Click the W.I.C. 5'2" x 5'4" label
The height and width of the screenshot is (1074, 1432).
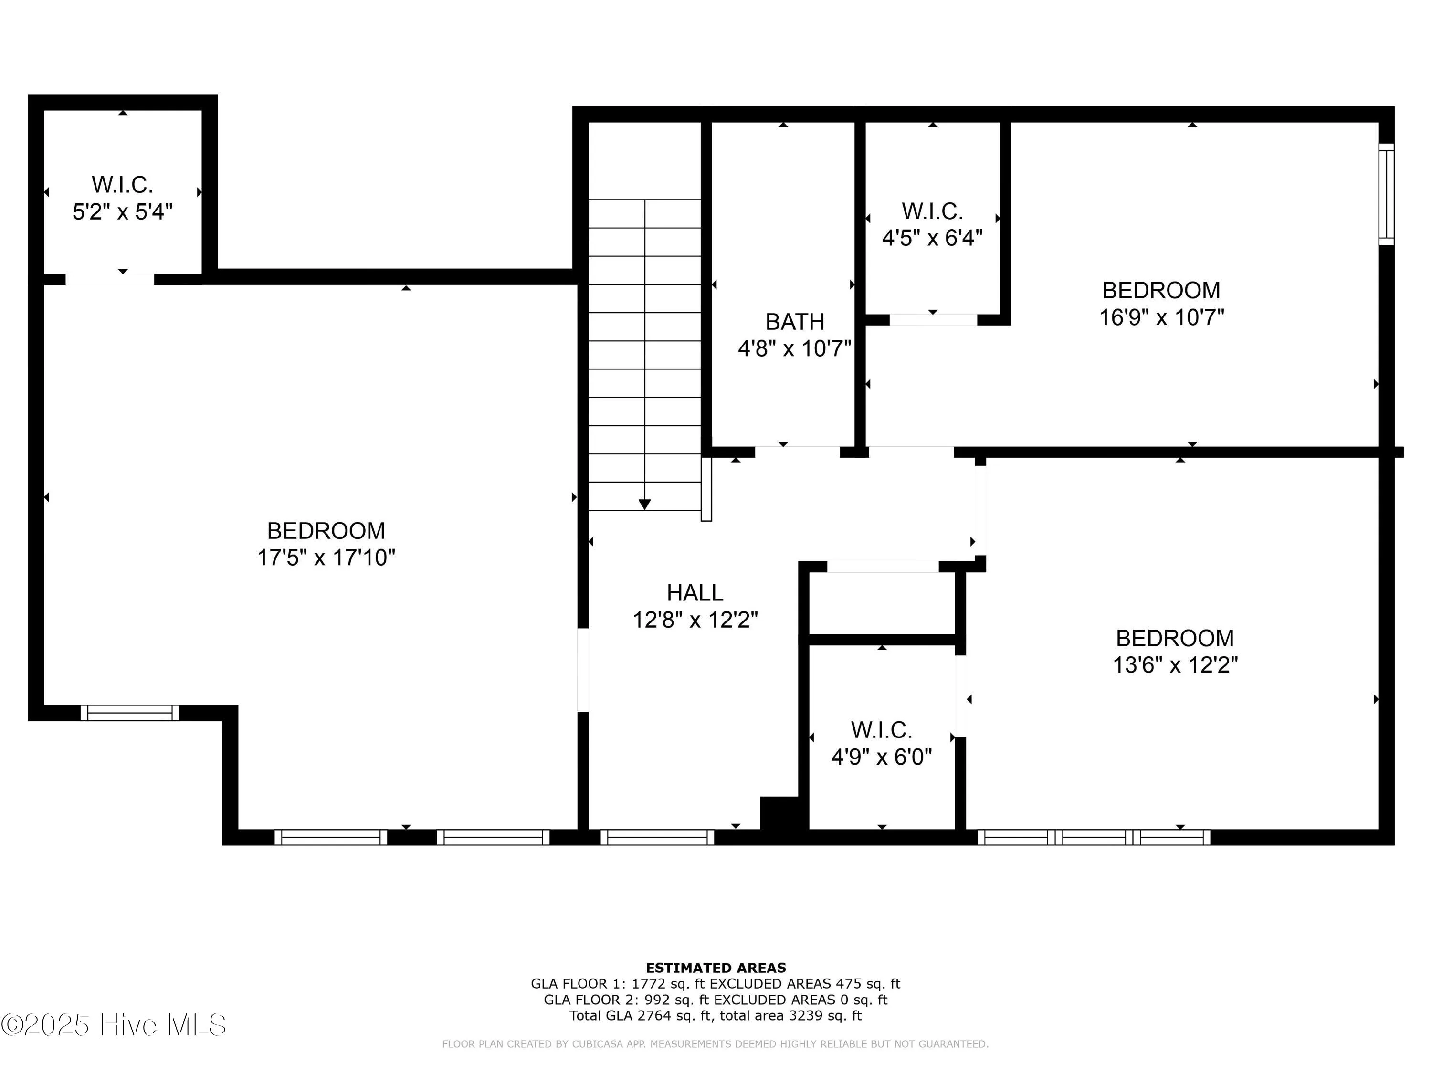tap(122, 198)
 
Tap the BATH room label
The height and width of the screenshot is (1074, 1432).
tap(795, 322)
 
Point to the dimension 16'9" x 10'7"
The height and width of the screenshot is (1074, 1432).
tap(1161, 317)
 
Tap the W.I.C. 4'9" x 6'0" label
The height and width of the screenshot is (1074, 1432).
tap(881, 743)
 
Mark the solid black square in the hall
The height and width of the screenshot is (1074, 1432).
tap(779, 812)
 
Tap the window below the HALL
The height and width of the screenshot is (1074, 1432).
tap(657, 837)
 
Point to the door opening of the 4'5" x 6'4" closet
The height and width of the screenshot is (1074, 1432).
tap(933, 320)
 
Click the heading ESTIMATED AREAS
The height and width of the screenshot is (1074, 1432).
tap(716, 968)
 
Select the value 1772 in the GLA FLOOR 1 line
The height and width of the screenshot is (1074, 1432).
tap(649, 984)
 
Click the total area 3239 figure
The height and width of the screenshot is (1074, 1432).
tap(805, 1016)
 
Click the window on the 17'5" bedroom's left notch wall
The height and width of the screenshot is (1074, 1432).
tap(129, 713)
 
